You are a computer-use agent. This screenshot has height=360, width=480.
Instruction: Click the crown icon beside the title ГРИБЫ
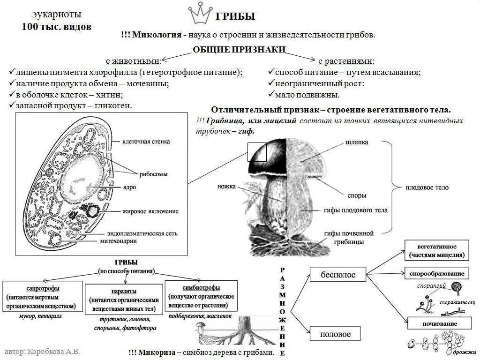tap(200, 15)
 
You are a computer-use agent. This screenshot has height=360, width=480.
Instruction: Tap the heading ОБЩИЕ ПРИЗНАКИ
tap(239, 50)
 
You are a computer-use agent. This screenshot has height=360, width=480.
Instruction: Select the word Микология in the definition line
tap(157, 35)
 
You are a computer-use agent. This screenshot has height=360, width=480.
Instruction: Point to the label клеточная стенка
tap(146, 141)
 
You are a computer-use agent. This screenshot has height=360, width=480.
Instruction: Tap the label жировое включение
tap(150, 211)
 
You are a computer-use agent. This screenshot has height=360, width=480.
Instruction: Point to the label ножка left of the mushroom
tap(226, 186)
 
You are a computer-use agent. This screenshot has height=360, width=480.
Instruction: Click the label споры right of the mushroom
tap(357, 195)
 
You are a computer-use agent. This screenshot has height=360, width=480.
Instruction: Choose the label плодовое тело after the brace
tap(427, 187)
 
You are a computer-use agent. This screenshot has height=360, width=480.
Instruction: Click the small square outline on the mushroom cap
tap(257, 152)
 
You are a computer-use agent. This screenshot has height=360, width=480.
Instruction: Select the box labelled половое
tap(335, 334)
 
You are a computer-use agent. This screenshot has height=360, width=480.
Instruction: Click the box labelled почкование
tap(439, 323)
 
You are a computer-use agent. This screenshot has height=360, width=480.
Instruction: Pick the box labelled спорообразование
tap(437, 273)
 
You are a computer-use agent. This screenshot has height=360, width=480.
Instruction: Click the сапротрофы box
tap(42, 296)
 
